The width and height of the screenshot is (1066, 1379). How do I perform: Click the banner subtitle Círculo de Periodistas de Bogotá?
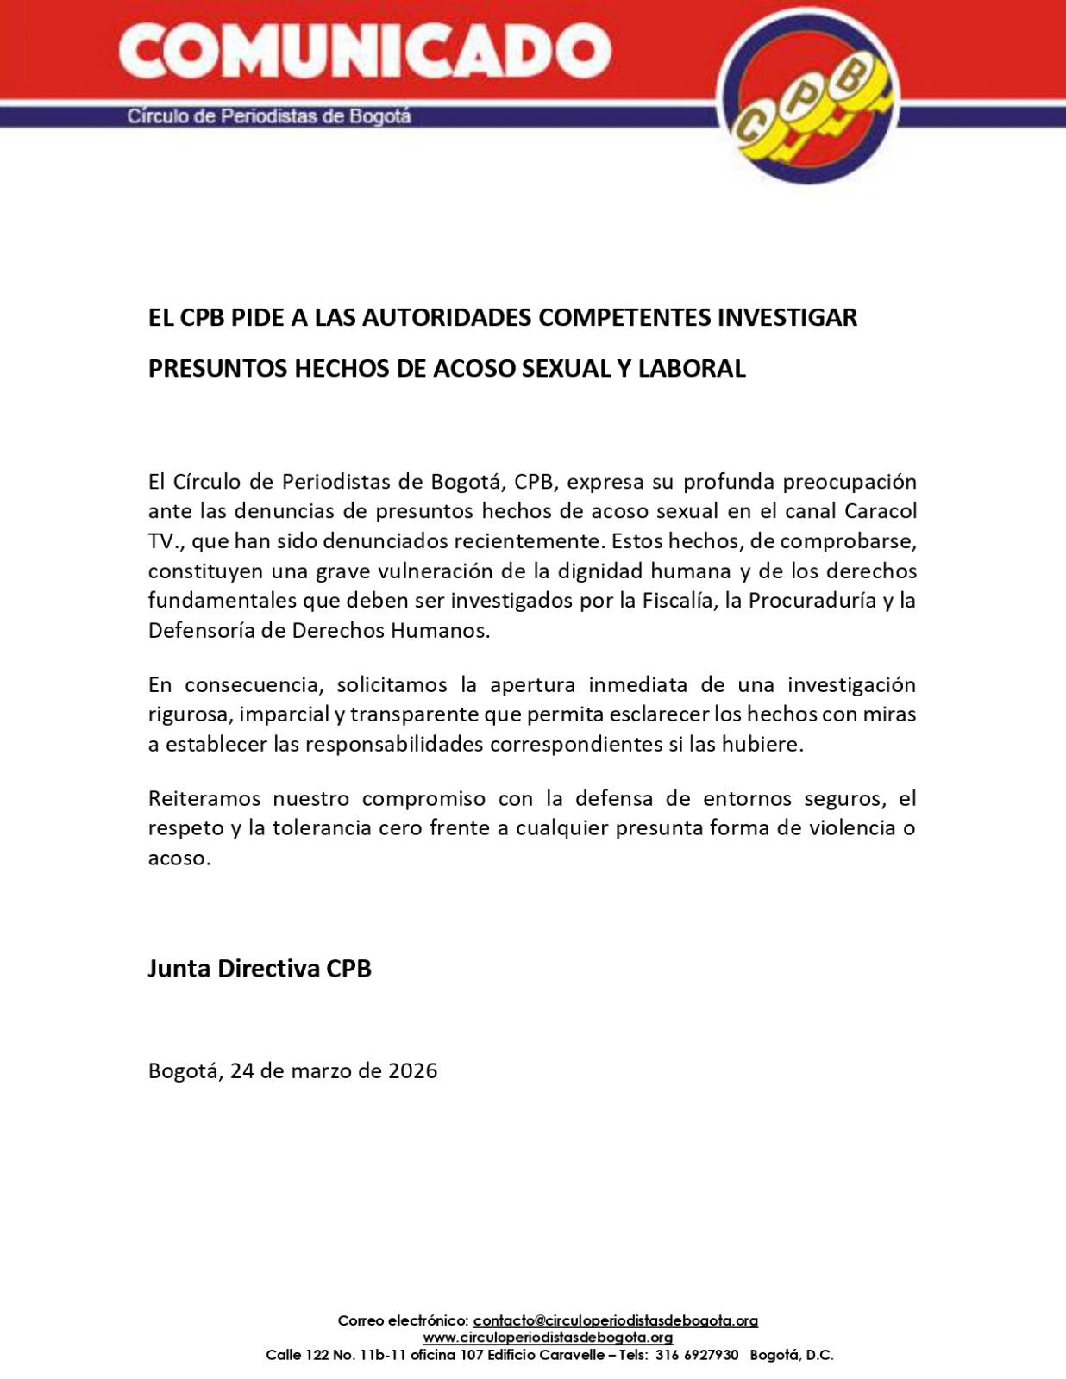point(269,116)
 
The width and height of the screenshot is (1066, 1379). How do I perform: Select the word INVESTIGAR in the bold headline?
point(787,317)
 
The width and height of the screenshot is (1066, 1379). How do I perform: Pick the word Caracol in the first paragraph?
point(880,510)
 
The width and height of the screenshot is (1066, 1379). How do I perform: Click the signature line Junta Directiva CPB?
point(260,968)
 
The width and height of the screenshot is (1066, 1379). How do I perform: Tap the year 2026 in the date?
point(412,1070)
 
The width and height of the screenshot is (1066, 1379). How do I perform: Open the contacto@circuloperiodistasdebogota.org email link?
point(615,1320)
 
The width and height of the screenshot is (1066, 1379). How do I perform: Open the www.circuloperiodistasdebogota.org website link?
point(548,1338)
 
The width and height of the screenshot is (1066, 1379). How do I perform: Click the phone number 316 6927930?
point(697,1355)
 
